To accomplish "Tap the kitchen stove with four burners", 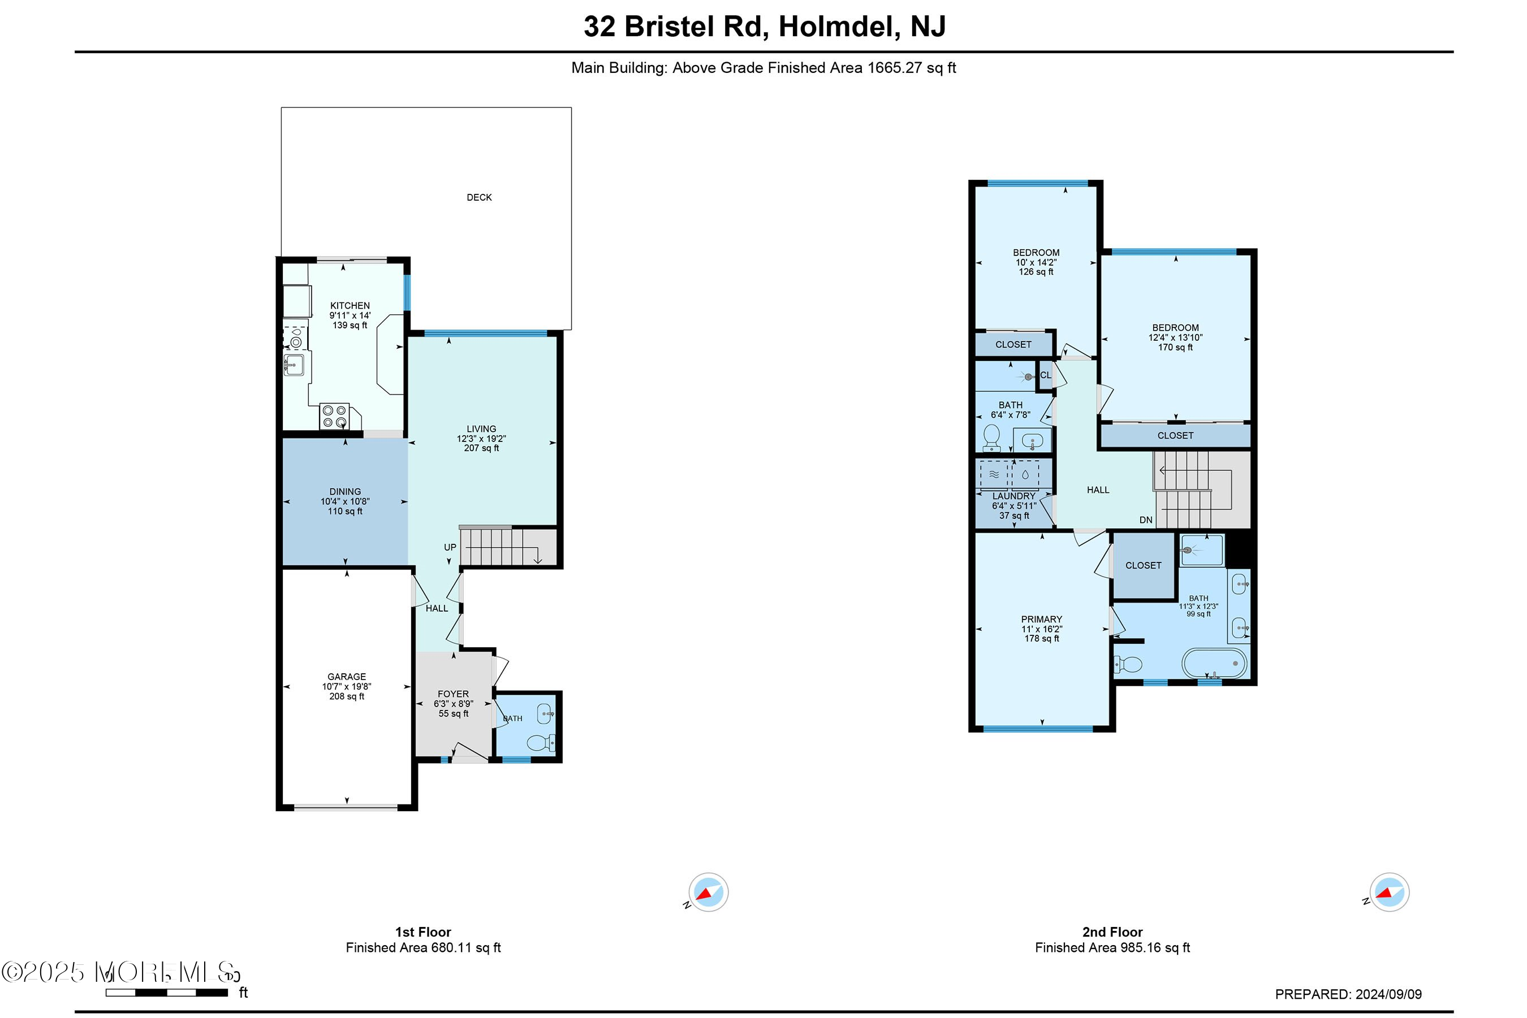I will (x=334, y=416).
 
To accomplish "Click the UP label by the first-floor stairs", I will (x=450, y=547).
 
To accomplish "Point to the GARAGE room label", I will (x=346, y=677).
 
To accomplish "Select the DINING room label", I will (x=345, y=491).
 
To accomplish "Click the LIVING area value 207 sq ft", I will (x=481, y=448).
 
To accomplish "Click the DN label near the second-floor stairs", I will (x=1146, y=520).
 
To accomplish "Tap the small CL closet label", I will (x=1045, y=375).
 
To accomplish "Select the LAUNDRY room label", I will (x=1013, y=496).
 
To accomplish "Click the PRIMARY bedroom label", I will (x=1041, y=620).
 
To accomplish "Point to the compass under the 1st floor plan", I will (x=708, y=893).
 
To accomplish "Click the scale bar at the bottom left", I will (x=167, y=993).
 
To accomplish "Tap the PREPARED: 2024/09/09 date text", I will (x=1348, y=994).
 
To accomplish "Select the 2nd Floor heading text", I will (x=1112, y=932).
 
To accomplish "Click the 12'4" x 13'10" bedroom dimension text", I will (x=1175, y=337).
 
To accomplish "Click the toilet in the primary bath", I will (x=1129, y=665).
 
